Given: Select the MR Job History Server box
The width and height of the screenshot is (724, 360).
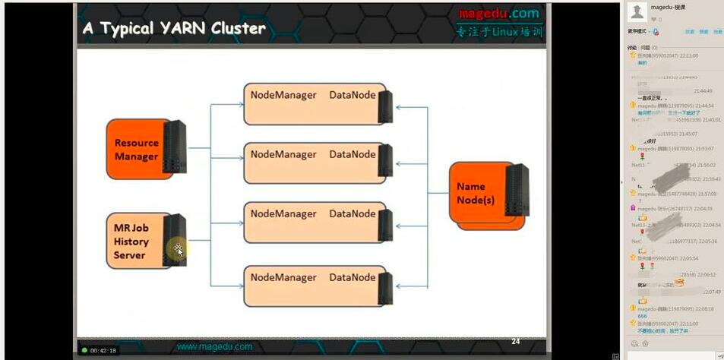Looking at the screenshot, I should pos(137,242).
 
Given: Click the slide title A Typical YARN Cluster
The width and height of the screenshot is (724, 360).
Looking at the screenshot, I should pos(174,29).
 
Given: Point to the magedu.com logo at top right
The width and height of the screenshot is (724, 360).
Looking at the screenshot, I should pos(498,14).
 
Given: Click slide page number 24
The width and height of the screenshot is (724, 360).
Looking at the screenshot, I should pos(515,341).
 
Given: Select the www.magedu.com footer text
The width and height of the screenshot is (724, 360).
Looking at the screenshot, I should pos(214,346).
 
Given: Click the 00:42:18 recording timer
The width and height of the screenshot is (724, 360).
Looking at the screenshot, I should pos(103,350).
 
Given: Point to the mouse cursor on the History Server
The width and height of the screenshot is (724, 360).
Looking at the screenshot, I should pos(179,249).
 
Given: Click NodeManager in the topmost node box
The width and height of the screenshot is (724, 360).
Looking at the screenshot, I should pos(283,95).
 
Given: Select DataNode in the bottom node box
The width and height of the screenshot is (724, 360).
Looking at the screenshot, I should pos(353,277).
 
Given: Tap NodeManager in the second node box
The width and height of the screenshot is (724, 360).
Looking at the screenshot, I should pos(283,154).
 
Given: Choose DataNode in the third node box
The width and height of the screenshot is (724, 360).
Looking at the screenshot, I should pos(353,215).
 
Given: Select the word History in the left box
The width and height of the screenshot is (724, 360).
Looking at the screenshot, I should pos(131,242).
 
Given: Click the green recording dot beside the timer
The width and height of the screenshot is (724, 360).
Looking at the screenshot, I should pos(85,350).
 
